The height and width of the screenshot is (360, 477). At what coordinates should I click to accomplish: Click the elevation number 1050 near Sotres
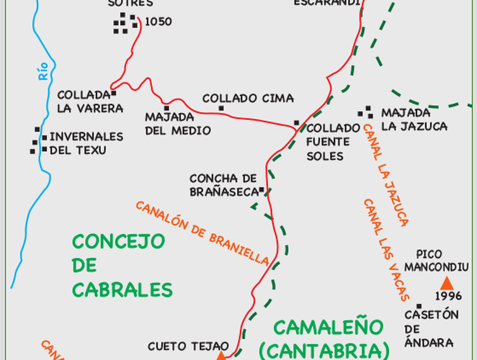(158, 22)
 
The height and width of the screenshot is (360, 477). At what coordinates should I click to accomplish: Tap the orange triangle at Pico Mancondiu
(447, 283)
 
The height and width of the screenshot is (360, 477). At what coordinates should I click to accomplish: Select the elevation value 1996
(449, 297)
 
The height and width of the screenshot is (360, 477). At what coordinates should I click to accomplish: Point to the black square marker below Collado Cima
(221, 109)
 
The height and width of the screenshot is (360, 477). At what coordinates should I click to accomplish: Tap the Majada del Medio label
(178, 123)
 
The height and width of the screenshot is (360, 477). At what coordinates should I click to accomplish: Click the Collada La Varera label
(90, 102)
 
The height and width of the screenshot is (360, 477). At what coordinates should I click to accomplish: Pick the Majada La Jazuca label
(414, 120)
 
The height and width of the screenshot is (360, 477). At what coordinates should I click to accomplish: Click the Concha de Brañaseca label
(223, 184)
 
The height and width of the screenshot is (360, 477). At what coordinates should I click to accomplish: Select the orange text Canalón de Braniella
(202, 231)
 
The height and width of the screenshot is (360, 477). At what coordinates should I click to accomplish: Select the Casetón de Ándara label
(429, 328)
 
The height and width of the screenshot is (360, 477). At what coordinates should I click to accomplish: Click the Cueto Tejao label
(188, 346)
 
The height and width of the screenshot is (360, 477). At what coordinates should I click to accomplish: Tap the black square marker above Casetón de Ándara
(419, 306)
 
